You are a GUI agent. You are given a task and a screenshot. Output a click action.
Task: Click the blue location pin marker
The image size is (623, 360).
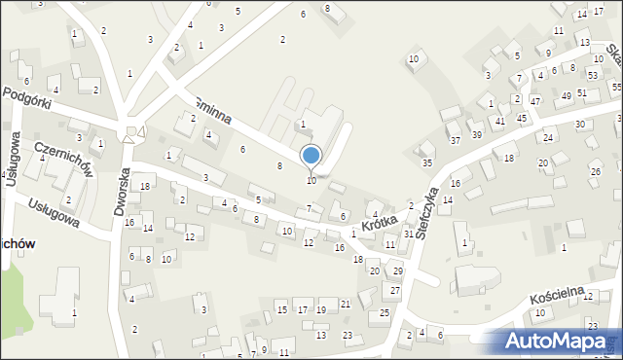pos(311,156)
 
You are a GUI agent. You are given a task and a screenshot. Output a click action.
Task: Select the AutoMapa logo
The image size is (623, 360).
pos(560,341)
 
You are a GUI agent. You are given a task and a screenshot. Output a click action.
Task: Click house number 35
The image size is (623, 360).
pos(426,162)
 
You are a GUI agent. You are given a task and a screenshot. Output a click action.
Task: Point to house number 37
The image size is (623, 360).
pos(455,140)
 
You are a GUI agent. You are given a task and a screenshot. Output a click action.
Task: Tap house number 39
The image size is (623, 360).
pos(476,134)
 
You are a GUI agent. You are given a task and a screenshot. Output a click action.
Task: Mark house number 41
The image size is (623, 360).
pos(499,122)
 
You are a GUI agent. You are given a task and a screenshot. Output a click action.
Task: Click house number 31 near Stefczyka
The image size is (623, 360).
pos(409,234)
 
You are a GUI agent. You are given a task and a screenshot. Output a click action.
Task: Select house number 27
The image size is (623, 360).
pos(394,291)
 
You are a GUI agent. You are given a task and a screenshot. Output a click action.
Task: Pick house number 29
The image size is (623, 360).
pos(397,270)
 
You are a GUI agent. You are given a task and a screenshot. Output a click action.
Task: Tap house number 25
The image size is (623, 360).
pos(385,312)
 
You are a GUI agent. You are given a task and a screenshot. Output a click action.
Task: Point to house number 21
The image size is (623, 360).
pos(346,305)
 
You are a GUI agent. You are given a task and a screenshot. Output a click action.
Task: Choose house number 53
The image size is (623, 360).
pos(593,75)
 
